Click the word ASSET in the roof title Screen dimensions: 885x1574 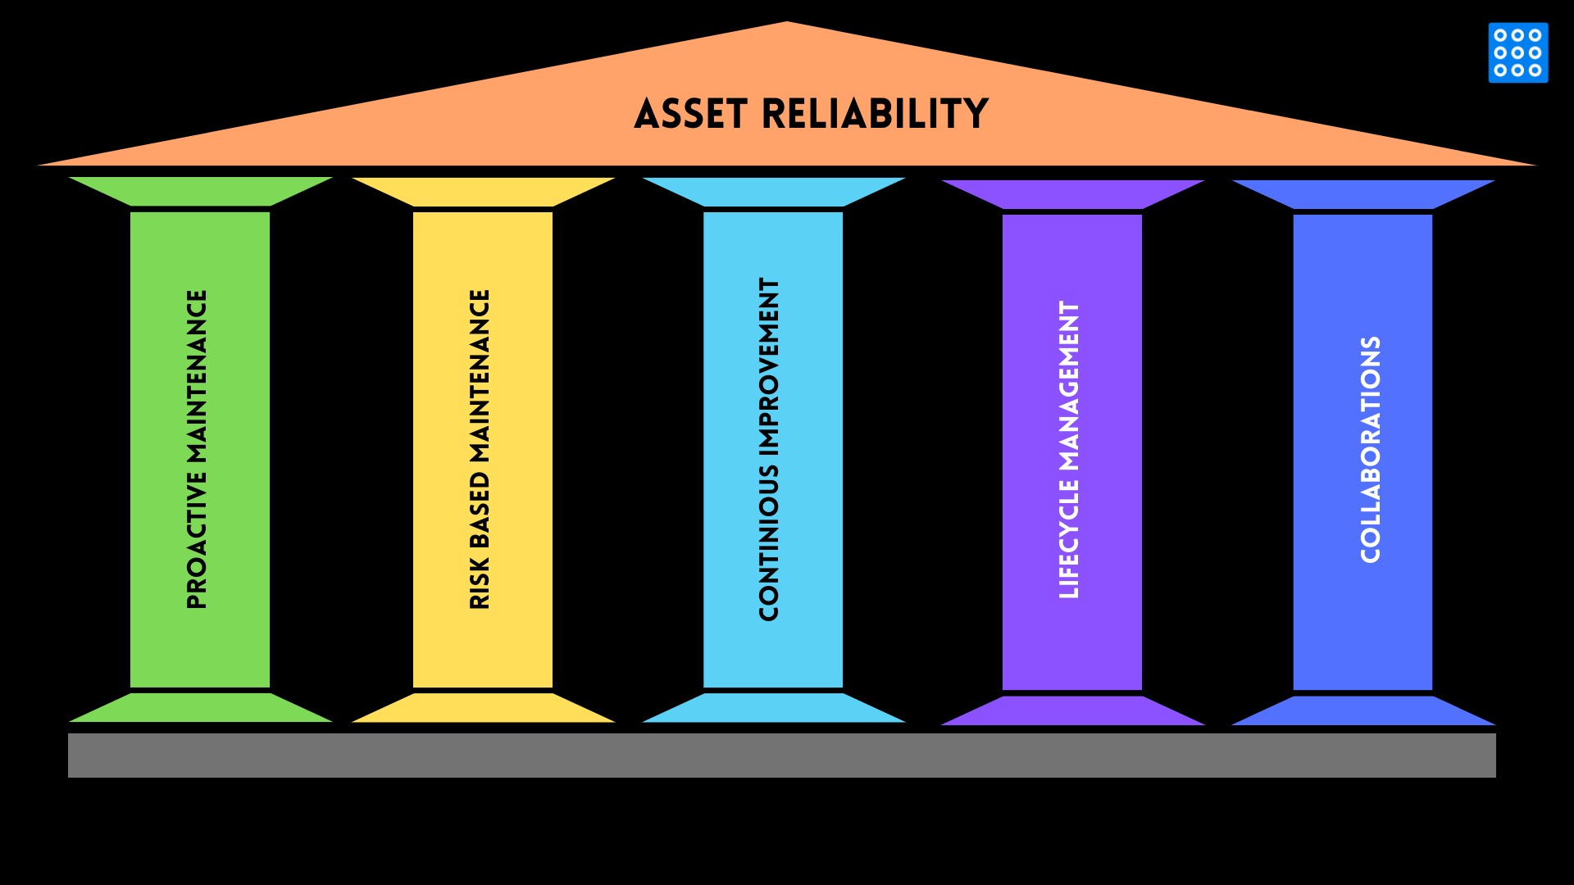690,114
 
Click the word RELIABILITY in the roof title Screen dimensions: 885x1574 875,114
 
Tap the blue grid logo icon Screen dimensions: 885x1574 1517,52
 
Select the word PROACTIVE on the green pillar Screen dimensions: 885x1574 197,540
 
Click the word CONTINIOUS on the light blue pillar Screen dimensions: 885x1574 769,541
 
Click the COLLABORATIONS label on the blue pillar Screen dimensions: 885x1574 1370,449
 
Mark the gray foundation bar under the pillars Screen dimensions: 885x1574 781,755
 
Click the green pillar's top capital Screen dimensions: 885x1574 200,191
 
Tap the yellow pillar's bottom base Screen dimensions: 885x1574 483,709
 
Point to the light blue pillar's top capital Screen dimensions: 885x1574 773,192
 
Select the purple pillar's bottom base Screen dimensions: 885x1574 1072,711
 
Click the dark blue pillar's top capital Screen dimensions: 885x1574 1362,194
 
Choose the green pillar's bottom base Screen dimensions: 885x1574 200,709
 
